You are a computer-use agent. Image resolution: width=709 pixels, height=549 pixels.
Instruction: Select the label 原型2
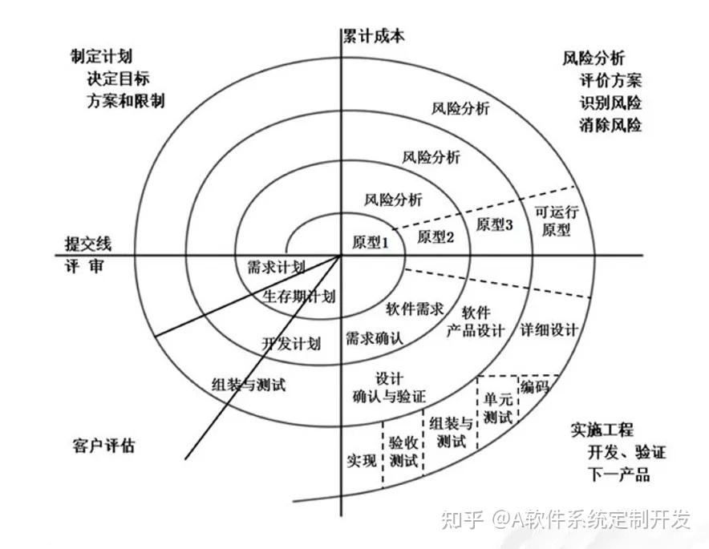tap(436, 236)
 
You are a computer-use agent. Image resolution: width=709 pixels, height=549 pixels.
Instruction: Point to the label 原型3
tap(494, 225)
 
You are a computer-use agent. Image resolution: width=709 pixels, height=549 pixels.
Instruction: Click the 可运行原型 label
tap(557, 220)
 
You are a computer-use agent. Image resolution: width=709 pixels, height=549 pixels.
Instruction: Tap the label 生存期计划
tap(298, 296)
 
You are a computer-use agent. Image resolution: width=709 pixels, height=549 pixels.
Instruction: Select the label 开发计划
tap(291, 344)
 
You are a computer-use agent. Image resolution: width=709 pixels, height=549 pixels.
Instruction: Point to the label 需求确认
tap(374, 338)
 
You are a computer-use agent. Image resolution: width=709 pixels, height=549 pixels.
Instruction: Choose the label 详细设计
tap(549, 329)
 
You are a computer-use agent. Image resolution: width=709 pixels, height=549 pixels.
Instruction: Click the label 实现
tap(362, 460)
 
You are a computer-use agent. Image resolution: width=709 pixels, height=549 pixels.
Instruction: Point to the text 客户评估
tap(103, 446)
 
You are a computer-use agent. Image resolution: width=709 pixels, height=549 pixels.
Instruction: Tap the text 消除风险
tap(610, 125)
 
